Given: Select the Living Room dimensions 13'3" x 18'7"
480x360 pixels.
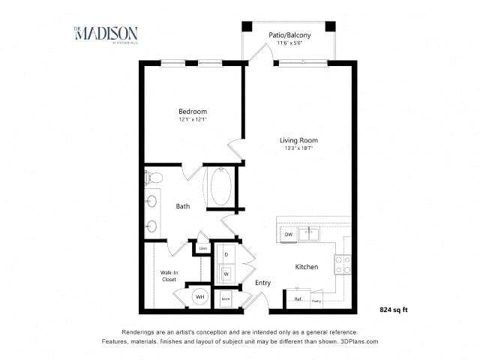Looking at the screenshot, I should [x=298, y=148].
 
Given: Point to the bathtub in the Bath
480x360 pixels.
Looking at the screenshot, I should [x=220, y=187].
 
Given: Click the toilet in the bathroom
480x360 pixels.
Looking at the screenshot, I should [x=154, y=178].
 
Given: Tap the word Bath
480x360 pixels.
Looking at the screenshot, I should [x=182, y=206].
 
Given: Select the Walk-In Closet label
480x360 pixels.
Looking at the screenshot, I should [x=168, y=275].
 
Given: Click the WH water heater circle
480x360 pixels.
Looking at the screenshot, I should [x=200, y=297].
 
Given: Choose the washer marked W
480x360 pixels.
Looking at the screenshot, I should [x=226, y=274].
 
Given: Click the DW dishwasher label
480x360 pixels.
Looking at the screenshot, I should [x=288, y=235].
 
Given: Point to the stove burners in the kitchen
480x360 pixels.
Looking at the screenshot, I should [x=342, y=264].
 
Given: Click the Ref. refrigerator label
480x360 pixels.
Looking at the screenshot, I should [x=298, y=300].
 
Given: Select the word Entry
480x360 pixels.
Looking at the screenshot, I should [x=262, y=283].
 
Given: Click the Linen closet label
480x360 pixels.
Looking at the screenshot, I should [x=202, y=247].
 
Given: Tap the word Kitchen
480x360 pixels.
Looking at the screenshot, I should [x=306, y=267].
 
